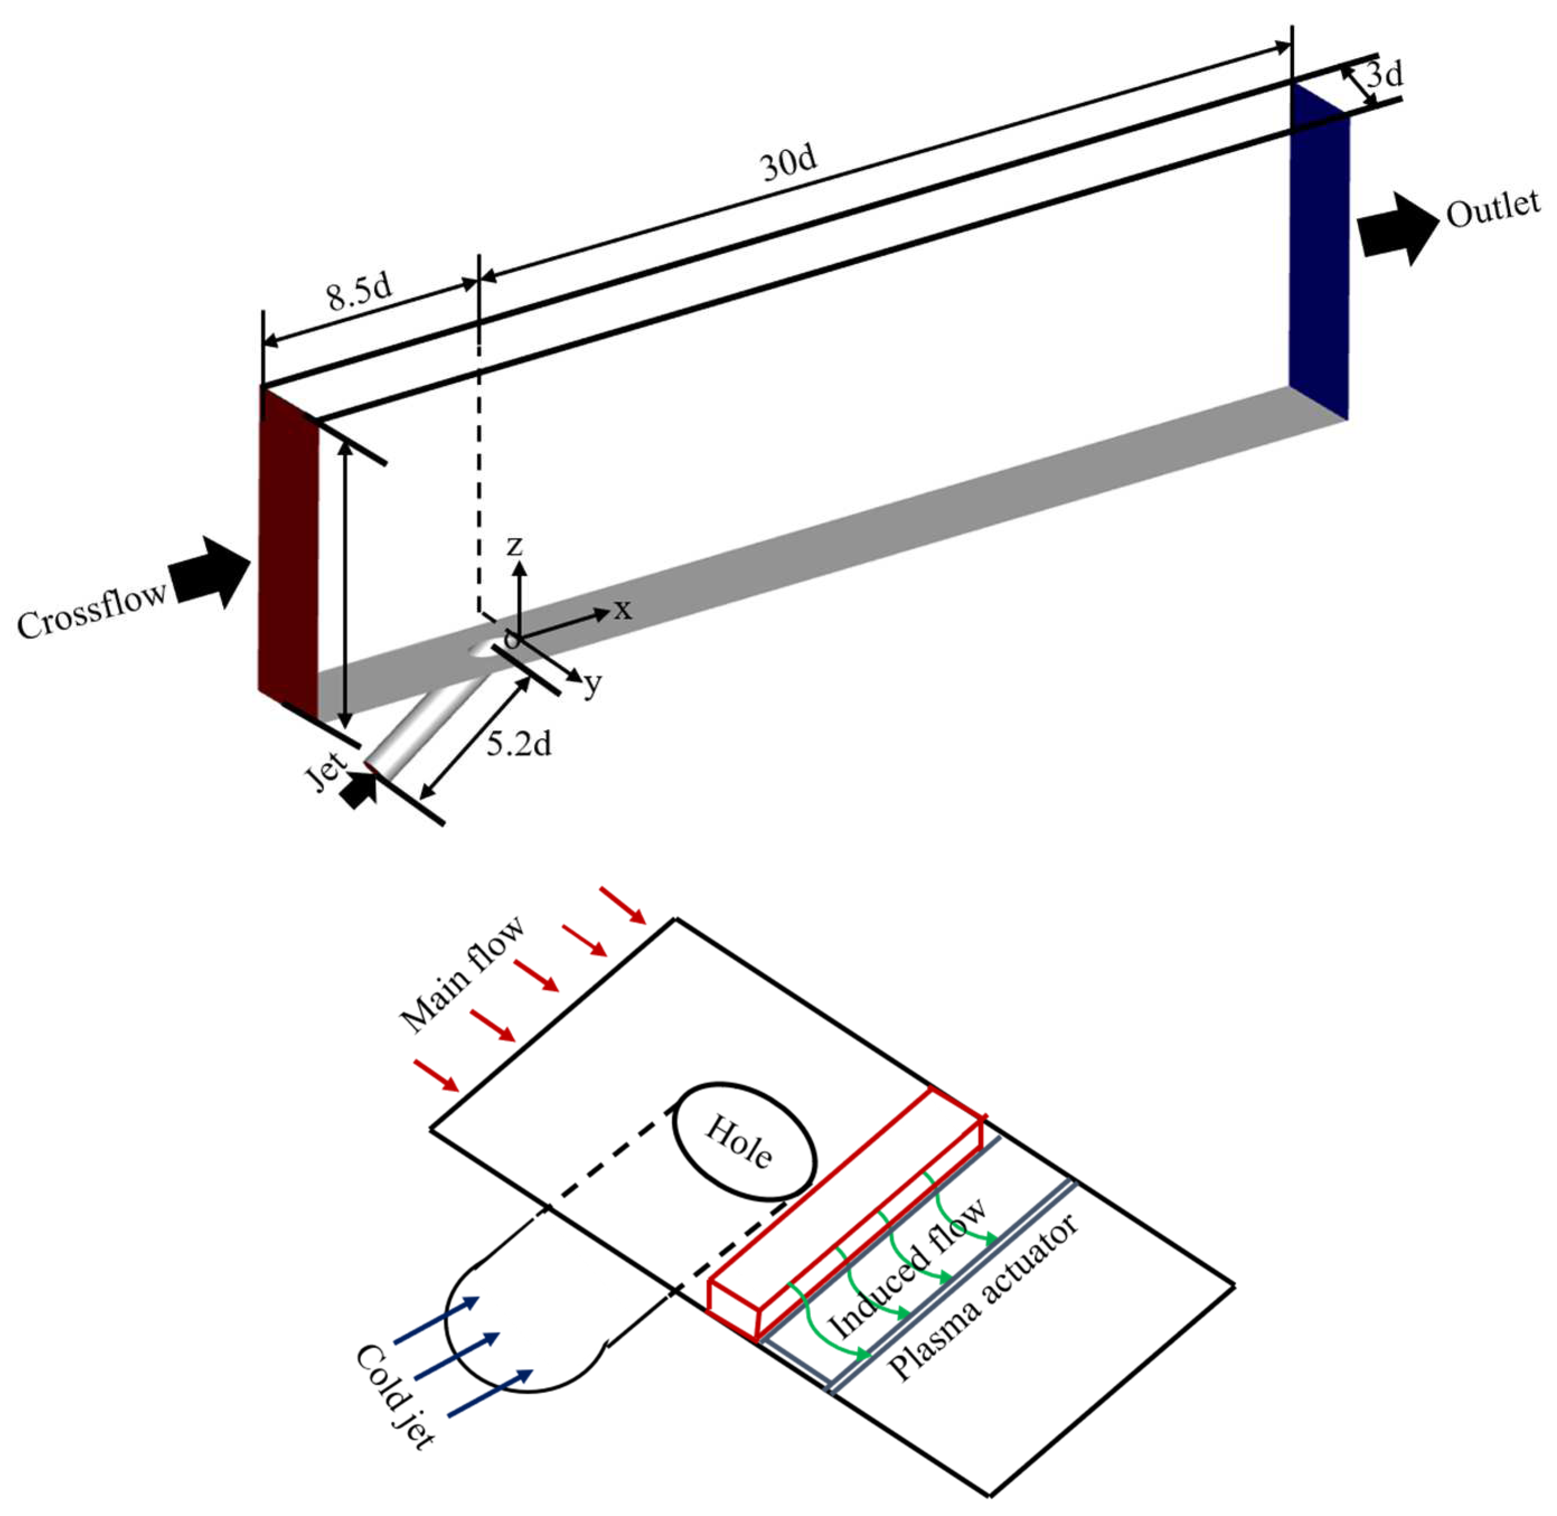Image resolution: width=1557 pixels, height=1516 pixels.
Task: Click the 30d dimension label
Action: (x=789, y=163)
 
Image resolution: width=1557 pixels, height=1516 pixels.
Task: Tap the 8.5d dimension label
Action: (x=360, y=292)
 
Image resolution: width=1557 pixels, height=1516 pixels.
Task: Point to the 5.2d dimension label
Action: (x=518, y=744)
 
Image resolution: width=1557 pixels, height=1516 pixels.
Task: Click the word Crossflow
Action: (x=92, y=611)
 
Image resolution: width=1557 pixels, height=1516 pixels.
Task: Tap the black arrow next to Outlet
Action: (x=1397, y=229)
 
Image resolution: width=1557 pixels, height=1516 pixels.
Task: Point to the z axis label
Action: (x=515, y=545)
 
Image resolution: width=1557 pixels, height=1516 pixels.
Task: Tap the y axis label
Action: (x=592, y=683)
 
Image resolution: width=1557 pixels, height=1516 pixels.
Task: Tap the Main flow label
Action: (x=462, y=975)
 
